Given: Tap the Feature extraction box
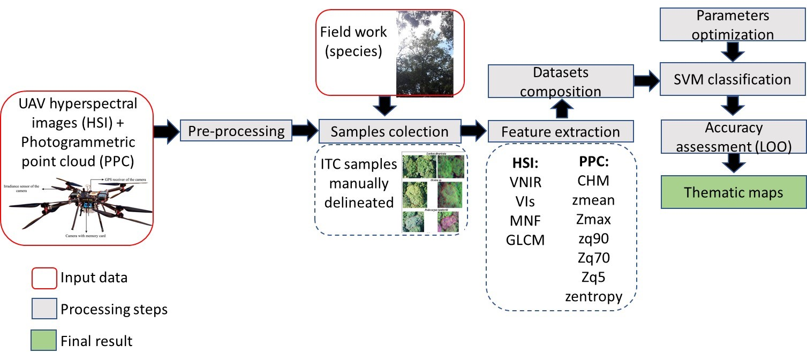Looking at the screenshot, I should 561,131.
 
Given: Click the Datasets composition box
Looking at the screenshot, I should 560,81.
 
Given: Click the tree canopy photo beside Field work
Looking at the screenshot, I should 425,53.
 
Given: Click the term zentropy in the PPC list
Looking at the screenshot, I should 593,296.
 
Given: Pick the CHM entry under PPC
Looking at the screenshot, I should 593,181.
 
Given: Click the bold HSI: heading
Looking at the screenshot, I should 524,161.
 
